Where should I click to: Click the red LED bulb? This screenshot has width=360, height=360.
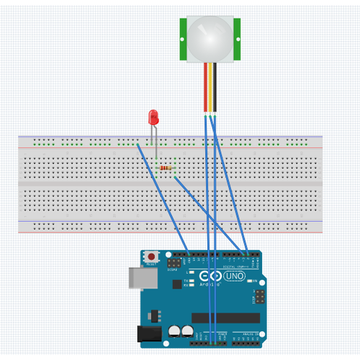(153, 116)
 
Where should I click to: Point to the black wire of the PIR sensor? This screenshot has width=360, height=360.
(214, 86)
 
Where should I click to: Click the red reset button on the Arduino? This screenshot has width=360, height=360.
(152, 256)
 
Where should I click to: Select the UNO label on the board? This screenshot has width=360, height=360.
(235, 276)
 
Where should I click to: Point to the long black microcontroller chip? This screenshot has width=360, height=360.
(225, 318)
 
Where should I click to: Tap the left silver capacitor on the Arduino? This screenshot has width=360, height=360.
(175, 331)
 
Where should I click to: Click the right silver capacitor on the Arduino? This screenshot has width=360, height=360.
(187, 331)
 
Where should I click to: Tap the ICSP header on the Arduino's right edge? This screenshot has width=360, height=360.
(259, 296)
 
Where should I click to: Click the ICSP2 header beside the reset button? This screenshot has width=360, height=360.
(173, 264)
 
